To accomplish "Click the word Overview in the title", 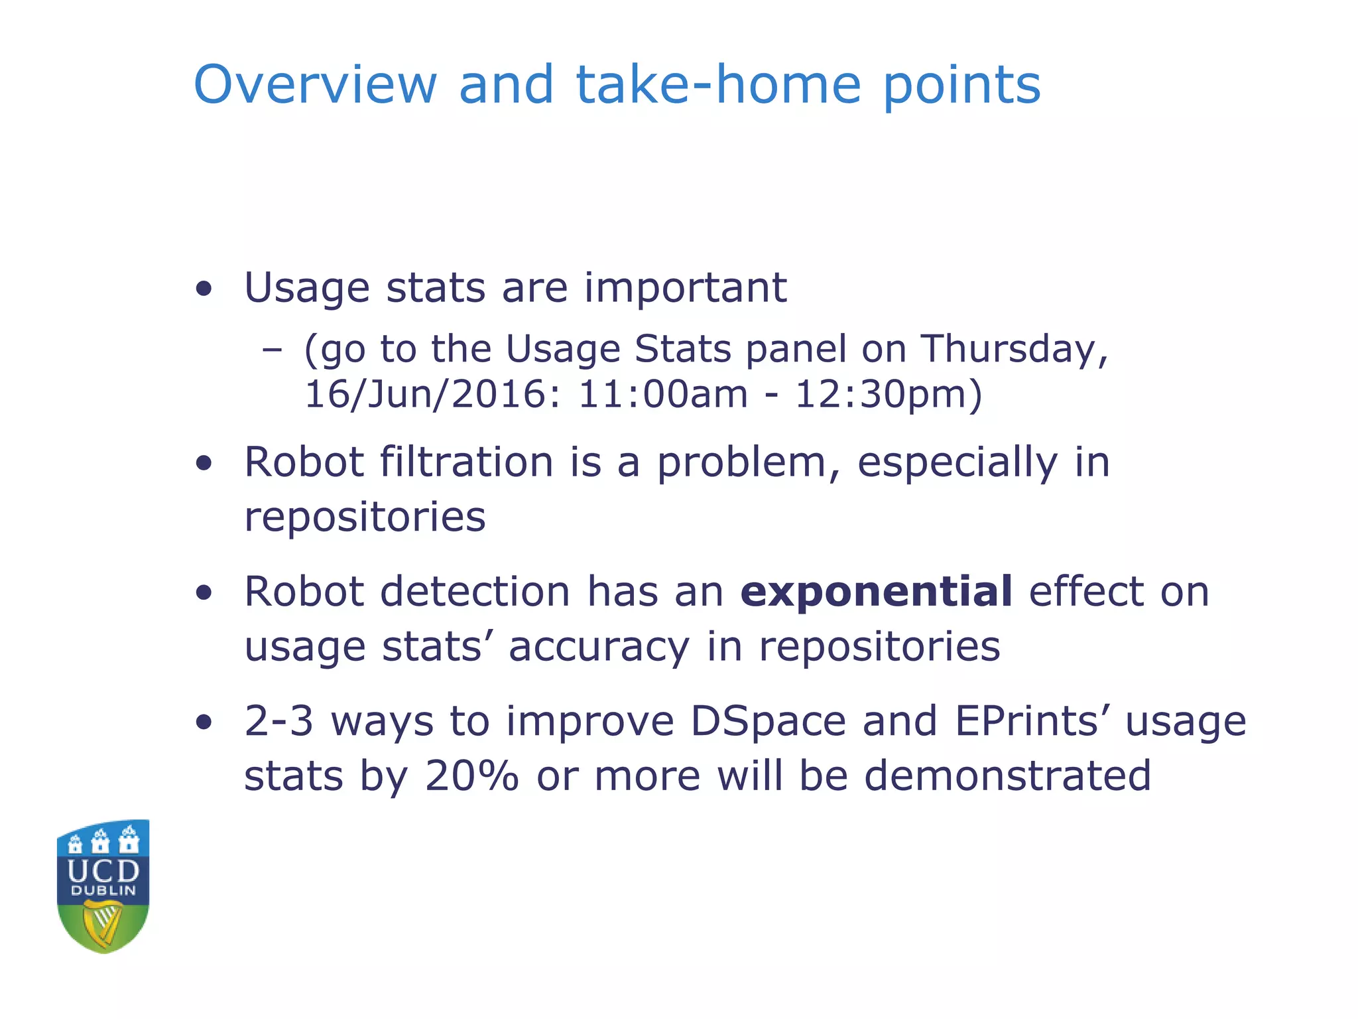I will [x=315, y=85].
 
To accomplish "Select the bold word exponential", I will [x=876, y=591].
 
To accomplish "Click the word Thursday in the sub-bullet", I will [x=1015, y=350].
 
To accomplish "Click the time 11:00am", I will [x=663, y=395].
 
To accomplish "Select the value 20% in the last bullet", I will [x=471, y=776].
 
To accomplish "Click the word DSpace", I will [x=768, y=721].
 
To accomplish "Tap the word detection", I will [x=475, y=591].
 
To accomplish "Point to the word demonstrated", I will [x=1007, y=776].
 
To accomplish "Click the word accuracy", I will [x=599, y=647].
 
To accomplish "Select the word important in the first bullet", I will [x=685, y=288].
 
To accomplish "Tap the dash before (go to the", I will [x=272, y=350].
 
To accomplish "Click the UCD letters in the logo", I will [x=103, y=870].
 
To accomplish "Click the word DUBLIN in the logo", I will [x=103, y=891].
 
